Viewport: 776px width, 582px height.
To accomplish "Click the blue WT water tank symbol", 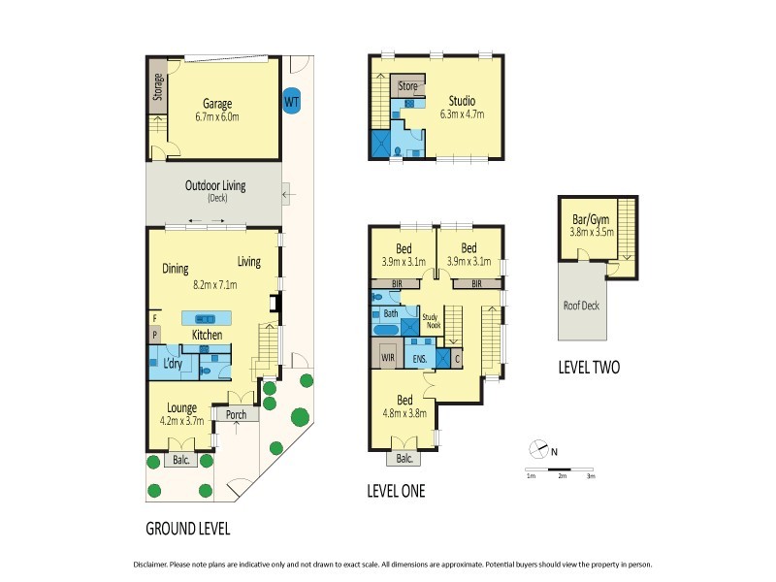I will coord(291,100).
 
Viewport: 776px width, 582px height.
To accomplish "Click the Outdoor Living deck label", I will coord(214,185).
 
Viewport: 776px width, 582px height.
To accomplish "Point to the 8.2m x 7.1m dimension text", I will coord(221,285).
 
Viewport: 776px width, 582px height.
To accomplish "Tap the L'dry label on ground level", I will coord(174,363).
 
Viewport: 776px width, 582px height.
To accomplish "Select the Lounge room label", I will coord(181,407).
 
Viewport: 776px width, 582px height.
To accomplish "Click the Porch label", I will coord(236,414).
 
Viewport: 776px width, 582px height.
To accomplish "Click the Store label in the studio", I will coord(408,86).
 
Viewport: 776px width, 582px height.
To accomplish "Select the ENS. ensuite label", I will coord(419,357).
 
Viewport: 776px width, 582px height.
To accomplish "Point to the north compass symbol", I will coord(538,448).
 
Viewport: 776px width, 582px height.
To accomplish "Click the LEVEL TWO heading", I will coord(589,368).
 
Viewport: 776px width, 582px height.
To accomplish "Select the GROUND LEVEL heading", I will coord(187,530).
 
